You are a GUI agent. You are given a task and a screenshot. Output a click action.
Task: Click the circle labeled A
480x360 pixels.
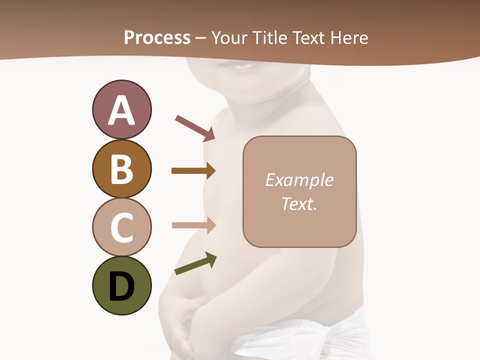click(121, 109)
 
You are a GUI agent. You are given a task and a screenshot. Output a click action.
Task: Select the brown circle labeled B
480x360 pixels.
click(121, 168)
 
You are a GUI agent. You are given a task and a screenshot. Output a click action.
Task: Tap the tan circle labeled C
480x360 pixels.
click(121, 227)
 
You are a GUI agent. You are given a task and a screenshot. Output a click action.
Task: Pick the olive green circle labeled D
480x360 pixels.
click(121, 286)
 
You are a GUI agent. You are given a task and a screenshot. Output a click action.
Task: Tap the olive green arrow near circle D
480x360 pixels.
click(195, 264)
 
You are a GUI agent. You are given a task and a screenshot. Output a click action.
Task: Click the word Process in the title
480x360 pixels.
click(157, 37)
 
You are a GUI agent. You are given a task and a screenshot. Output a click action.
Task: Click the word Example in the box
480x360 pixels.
click(299, 180)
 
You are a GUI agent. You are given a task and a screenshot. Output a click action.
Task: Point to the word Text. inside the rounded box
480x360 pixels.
click(299, 203)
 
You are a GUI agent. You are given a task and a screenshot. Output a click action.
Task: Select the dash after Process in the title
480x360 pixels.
click(200, 38)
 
